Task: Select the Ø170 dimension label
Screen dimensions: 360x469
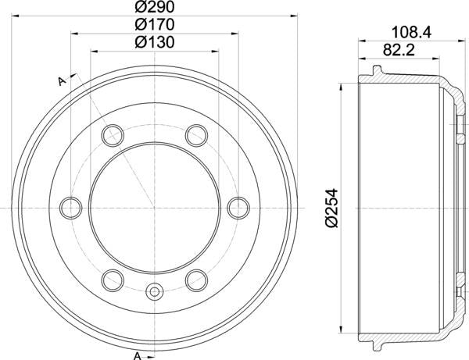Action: [154, 25]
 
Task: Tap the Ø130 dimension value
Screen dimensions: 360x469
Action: [154, 43]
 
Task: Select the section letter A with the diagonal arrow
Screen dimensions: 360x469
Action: [60, 80]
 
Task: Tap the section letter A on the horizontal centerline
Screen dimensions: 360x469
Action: [63, 209]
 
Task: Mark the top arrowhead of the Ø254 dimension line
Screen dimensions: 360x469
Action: [342, 84]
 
